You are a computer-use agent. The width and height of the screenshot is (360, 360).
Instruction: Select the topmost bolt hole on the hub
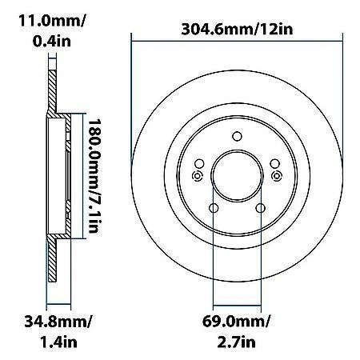tap(237, 137)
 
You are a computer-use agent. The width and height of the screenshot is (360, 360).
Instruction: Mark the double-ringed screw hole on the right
tap(276, 176)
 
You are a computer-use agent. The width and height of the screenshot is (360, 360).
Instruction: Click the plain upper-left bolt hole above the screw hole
tap(200, 163)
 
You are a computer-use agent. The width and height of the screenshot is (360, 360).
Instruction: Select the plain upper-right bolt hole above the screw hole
tap(274, 163)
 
